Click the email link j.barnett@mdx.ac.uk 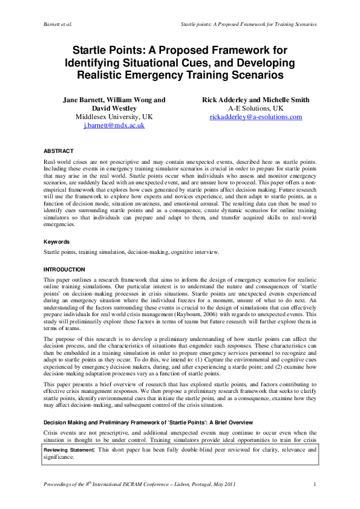pyautogui.click(x=114, y=126)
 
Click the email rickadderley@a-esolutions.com pyautogui.click(x=255, y=117)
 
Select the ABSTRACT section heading pyautogui.click(x=59, y=151)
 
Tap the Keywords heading pyautogui.click(x=57, y=241)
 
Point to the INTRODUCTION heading pyautogui.click(x=65, y=269)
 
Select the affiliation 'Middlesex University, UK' pyautogui.click(x=114, y=117)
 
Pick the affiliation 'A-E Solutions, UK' pyautogui.click(x=255, y=108)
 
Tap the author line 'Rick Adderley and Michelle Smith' pyautogui.click(x=255, y=99)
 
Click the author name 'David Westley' pyautogui.click(x=114, y=108)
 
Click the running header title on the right pyautogui.click(x=249, y=24)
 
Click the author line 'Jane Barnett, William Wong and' pyautogui.click(x=114, y=99)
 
